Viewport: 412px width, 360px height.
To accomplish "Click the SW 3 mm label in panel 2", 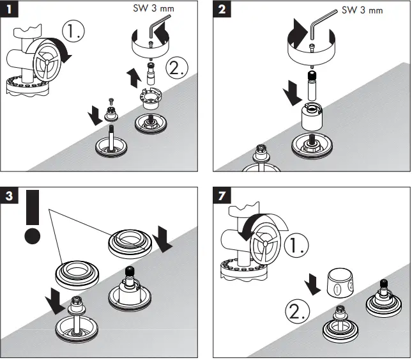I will pyautogui.click(x=363, y=10).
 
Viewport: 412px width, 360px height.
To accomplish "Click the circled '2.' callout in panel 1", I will pyautogui.click(x=176, y=67).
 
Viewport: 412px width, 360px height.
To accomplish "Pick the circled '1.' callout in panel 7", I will pyautogui.click(x=294, y=245).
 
